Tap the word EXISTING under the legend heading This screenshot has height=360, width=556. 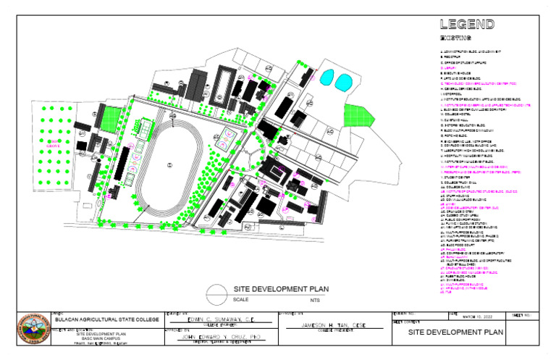[x=455, y=38]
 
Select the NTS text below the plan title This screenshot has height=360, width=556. [x=315, y=299]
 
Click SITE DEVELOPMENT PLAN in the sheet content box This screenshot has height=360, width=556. [x=455, y=332]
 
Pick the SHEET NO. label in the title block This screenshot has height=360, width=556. [x=520, y=314]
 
